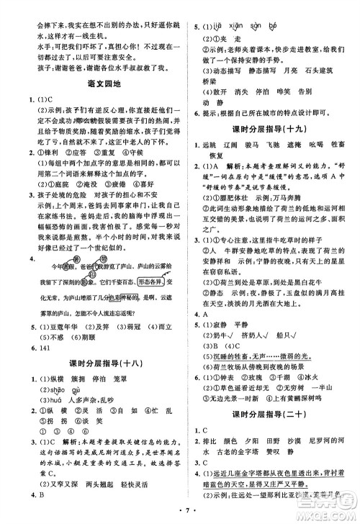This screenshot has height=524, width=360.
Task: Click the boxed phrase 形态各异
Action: click(140, 262)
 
